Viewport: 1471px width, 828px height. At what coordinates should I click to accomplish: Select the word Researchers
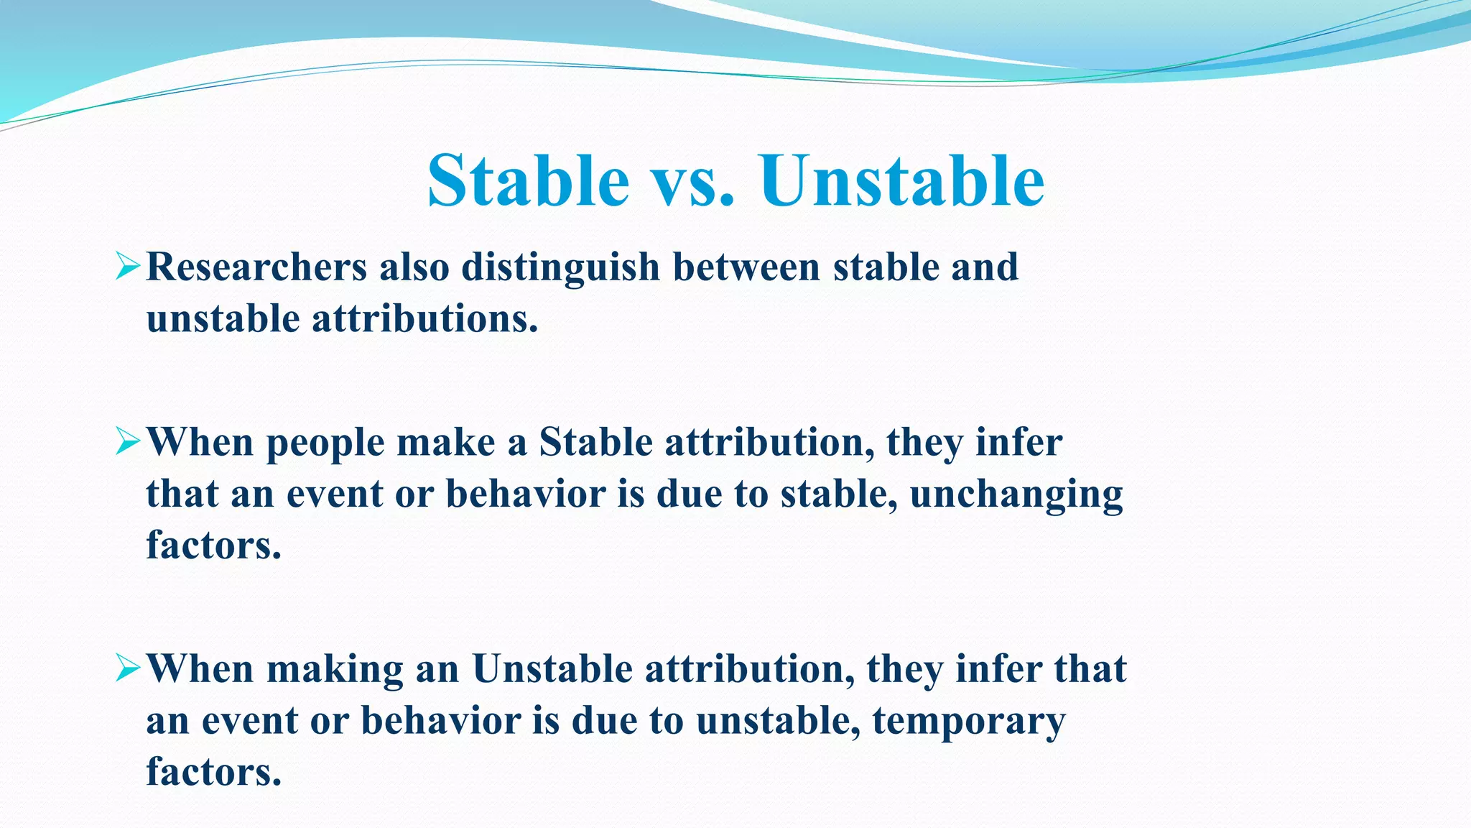click(256, 267)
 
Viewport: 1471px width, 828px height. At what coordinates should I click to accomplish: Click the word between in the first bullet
click(746, 267)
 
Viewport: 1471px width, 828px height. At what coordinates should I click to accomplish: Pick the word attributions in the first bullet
click(424, 319)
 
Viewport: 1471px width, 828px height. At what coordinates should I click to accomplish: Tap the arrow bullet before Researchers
click(128, 267)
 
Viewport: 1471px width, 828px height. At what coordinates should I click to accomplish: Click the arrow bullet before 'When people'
click(128, 442)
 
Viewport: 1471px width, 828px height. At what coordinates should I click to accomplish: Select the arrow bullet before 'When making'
click(128, 669)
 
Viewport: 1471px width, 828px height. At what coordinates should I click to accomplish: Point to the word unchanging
click(1016, 495)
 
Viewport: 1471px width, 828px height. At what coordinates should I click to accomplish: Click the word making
click(335, 670)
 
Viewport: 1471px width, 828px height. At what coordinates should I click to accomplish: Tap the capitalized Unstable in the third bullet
click(552, 669)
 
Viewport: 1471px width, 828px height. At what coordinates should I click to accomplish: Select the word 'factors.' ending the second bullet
click(213, 546)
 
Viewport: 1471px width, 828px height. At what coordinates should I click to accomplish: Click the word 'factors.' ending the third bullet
click(213, 773)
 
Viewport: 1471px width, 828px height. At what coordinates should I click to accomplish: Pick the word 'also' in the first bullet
click(414, 267)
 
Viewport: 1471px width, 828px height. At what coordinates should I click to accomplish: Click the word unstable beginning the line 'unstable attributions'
click(223, 319)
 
